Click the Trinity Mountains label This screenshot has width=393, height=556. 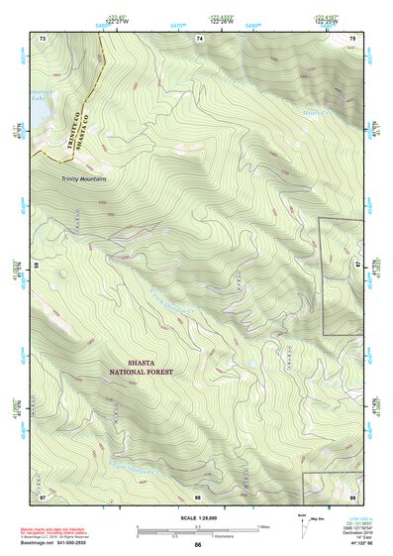tap(83, 178)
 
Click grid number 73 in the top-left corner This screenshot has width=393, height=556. tap(43, 38)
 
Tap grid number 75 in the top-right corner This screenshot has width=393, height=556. tap(352, 38)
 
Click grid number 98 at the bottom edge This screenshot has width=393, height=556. tap(199, 494)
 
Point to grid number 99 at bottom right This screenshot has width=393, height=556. tap(352, 494)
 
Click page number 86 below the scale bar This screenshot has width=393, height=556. tap(198, 545)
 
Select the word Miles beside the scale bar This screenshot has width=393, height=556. tap(263, 526)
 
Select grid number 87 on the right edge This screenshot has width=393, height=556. tap(359, 265)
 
